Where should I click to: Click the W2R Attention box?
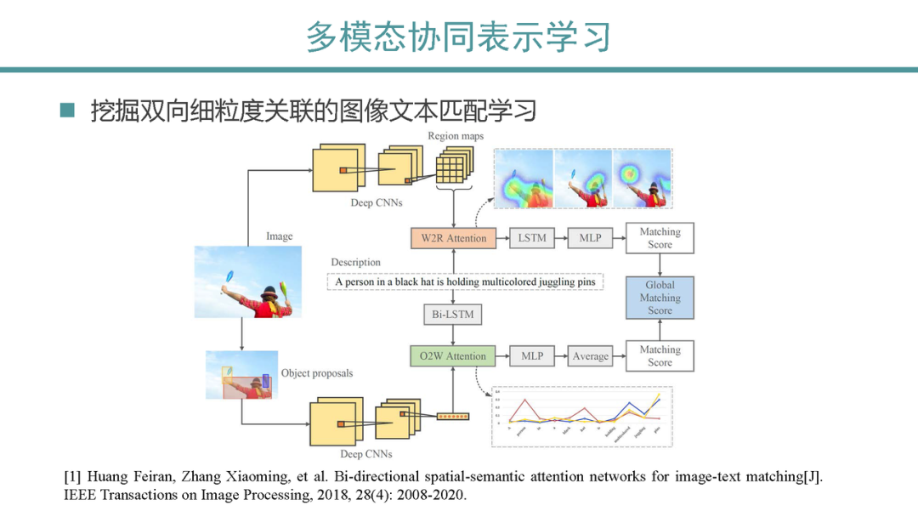point(454,238)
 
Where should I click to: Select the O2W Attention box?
point(453,356)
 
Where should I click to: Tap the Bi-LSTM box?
point(453,315)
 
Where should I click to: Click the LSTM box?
point(532,238)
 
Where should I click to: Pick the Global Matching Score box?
point(660,298)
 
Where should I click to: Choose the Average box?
point(591,356)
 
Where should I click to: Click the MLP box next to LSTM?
point(590,238)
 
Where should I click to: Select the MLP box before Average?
point(532,356)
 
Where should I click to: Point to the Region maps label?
point(455,136)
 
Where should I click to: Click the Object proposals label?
point(316,373)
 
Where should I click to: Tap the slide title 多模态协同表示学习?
point(458,37)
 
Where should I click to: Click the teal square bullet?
point(68,110)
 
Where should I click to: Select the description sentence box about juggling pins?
point(465,281)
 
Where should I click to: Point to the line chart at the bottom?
point(582,416)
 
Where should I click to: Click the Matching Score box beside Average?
point(660,356)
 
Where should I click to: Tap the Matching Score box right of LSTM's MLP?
point(660,238)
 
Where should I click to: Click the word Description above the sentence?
point(355,263)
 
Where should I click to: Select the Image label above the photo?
point(279,236)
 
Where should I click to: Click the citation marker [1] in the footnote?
point(73,477)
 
